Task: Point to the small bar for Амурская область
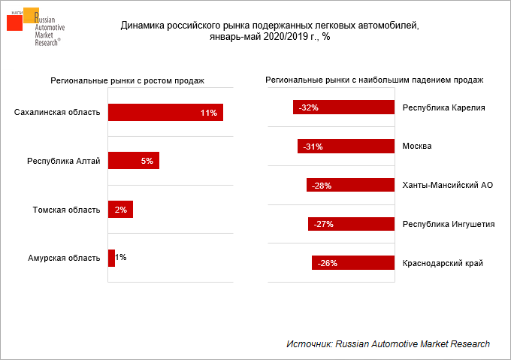click(x=111, y=258)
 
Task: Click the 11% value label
click(x=208, y=113)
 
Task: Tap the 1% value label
click(x=121, y=258)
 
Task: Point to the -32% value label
click(x=308, y=107)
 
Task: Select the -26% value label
click(x=327, y=263)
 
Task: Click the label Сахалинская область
click(x=57, y=113)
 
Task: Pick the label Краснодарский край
click(x=443, y=263)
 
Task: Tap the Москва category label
click(x=417, y=147)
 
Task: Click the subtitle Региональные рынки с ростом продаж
click(x=128, y=80)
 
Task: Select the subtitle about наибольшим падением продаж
click(x=374, y=80)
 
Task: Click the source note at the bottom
click(x=388, y=343)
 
